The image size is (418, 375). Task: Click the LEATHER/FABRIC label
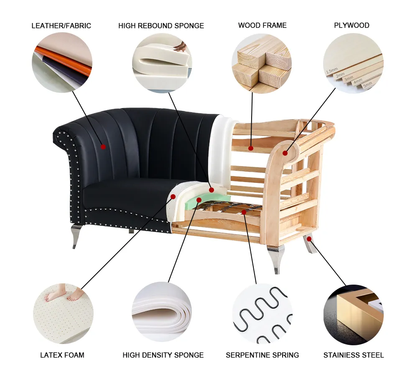coord(61,26)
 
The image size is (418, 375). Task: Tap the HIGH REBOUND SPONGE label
coord(161,26)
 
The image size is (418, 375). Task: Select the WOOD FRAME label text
coord(262,25)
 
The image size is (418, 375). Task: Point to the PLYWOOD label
coord(352,25)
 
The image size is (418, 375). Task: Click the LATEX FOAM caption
coord(62,355)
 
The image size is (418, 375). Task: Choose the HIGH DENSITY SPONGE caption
coord(163,355)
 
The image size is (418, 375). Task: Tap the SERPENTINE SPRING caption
coord(262,355)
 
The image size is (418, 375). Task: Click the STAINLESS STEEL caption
coord(353,355)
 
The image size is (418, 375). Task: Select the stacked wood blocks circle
coord(262,63)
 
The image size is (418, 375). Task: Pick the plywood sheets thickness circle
coord(353,63)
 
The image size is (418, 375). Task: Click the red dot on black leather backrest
coord(103,146)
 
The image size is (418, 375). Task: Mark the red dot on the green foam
coord(199,200)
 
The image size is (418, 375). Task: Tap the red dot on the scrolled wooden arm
coord(285,153)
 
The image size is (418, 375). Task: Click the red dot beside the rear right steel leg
coord(309,239)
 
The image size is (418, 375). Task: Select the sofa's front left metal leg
coord(76,236)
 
